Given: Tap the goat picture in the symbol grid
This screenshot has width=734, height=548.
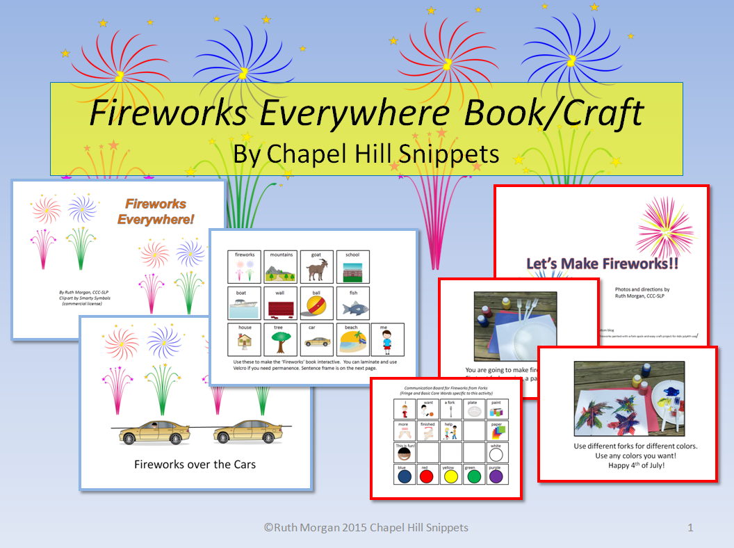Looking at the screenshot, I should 317,268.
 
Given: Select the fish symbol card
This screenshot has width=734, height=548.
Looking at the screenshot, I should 354,304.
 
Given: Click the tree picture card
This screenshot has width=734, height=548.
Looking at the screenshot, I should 281,340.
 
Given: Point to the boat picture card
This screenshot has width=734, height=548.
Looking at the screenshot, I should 245,304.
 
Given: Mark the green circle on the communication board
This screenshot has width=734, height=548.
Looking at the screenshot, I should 473,476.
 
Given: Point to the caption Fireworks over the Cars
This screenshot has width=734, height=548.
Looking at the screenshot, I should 195,463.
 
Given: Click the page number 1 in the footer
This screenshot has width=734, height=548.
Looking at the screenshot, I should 690,528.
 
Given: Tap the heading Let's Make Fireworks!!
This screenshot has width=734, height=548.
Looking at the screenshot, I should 602,264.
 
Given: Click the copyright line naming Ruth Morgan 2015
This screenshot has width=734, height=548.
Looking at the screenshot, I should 366,528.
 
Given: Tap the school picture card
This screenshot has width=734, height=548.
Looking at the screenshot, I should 354,268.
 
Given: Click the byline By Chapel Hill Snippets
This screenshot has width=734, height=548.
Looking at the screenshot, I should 366,153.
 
